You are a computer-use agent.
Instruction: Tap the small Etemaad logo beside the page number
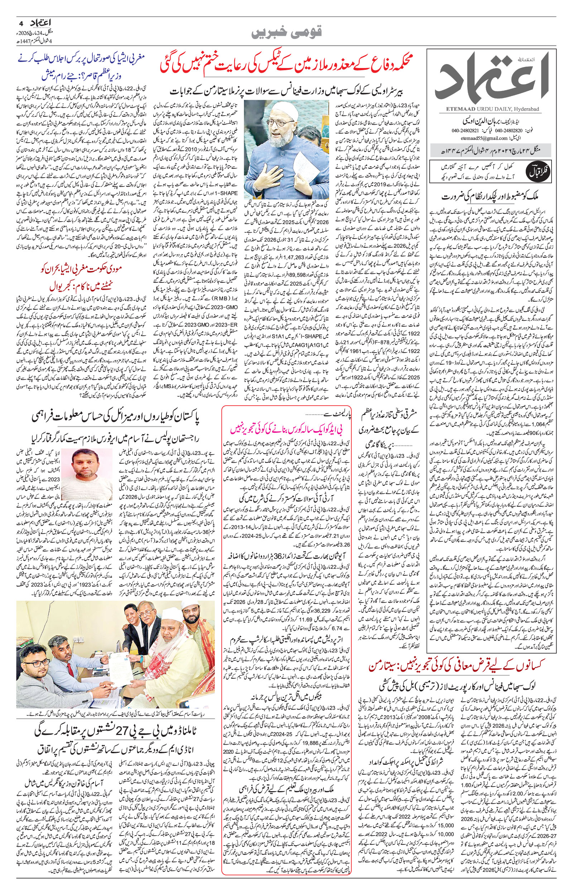(x=34, y=22)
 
